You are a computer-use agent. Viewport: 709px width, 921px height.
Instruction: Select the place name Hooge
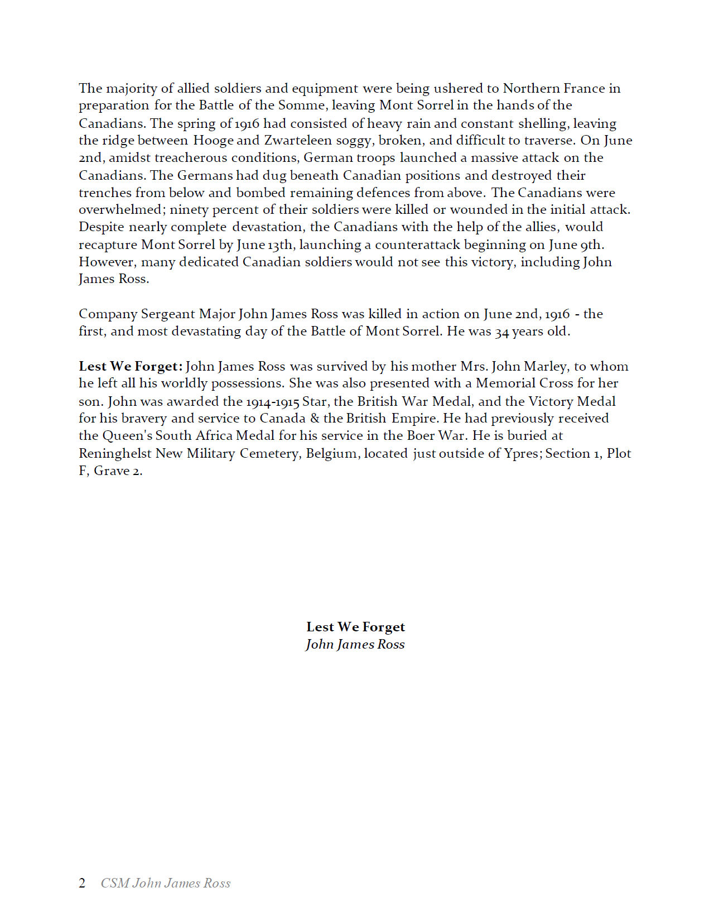pyautogui.click(x=213, y=140)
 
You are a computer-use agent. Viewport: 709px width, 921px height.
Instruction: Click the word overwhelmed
pyautogui.click(x=119, y=210)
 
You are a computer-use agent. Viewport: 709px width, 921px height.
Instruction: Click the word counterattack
pyautogui.click(x=417, y=245)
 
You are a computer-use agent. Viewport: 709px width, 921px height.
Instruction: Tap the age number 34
pyautogui.click(x=502, y=332)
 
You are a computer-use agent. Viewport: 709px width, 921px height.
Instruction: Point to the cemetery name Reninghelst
pyautogui.click(x=115, y=454)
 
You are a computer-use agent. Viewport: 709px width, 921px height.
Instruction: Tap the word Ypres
pyautogui.click(x=523, y=454)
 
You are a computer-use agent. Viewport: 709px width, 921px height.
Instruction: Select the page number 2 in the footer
pyautogui.click(x=82, y=883)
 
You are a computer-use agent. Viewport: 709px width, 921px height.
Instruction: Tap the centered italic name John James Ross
pyautogui.click(x=355, y=645)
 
